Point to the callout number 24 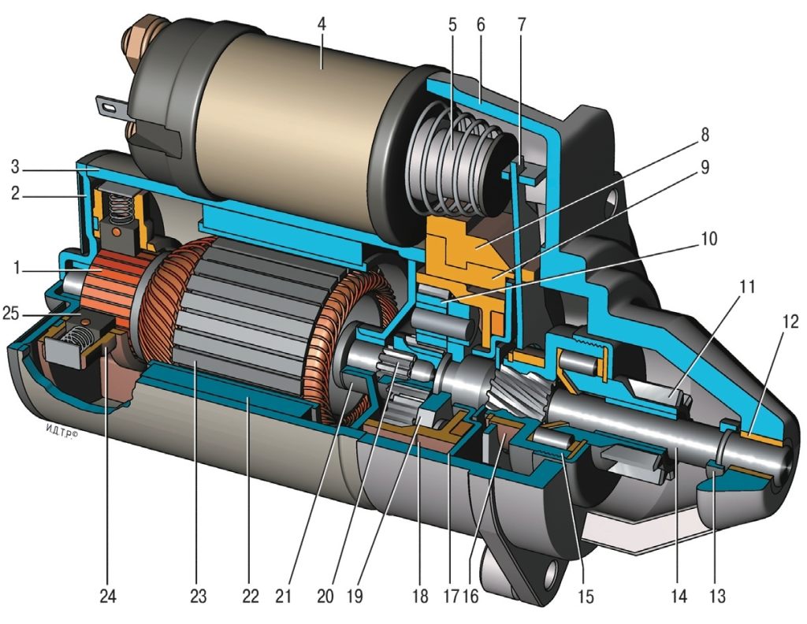107,596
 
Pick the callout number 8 704,135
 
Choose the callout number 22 251,596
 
